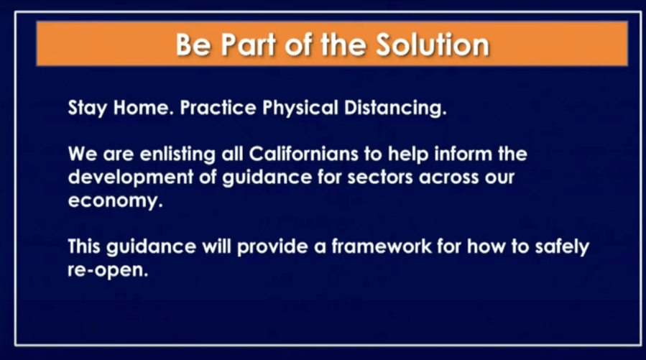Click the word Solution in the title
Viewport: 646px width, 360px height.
tap(433, 44)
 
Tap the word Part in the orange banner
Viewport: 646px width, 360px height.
tap(249, 44)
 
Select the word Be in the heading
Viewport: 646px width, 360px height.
tap(193, 44)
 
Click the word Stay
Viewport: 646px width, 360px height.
tap(88, 108)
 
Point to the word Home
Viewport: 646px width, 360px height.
tap(142, 108)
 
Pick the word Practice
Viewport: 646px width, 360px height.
tap(218, 108)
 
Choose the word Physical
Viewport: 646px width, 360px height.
tap(300, 108)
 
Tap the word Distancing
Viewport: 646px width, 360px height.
tap(395, 108)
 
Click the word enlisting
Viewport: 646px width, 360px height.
tap(177, 154)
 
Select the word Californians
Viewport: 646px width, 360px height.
tap(304, 154)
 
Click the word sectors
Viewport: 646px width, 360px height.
tap(380, 177)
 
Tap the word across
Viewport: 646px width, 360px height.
tap(449, 177)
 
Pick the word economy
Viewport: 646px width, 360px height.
tap(116, 201)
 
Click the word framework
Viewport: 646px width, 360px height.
tap(382, 246)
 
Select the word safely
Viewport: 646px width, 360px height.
tap(562, 247)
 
